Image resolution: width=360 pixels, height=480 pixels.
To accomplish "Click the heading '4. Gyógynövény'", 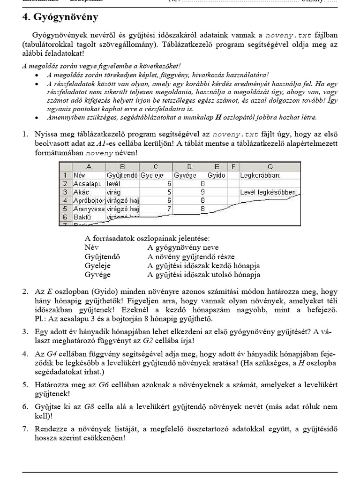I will click(60, 17).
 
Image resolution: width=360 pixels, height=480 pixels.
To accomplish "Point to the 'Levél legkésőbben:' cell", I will click(268, 192).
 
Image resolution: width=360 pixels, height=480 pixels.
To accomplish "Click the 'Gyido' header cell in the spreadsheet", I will click(216, 175).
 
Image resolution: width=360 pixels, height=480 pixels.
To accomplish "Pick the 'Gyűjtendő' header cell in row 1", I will click(122, 175).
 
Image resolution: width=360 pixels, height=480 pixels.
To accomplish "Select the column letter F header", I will click(232, 167).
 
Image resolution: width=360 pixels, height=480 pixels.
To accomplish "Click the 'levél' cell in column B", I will click(114, 184).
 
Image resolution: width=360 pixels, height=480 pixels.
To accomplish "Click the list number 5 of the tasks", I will click(25, 385).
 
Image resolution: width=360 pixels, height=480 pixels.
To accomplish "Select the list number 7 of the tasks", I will click(25, 428).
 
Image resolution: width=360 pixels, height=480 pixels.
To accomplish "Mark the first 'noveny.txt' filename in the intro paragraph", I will click(288, 35).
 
